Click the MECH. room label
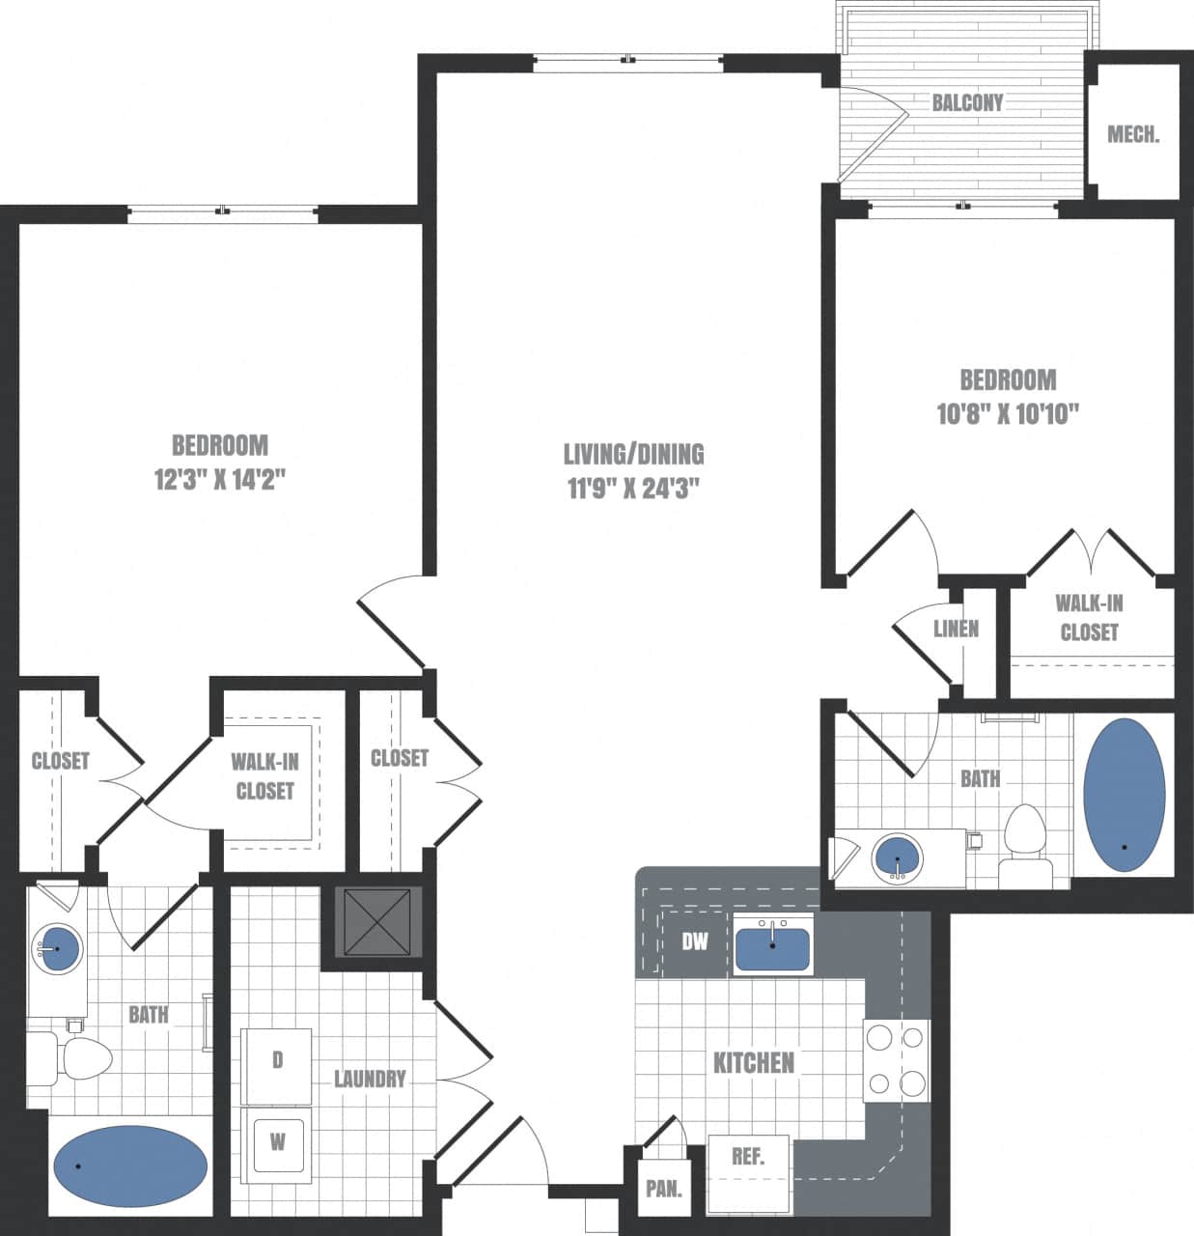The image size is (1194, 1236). point(1133,134)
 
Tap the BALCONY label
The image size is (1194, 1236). point(966,102)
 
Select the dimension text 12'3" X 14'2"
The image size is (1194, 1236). point(220,479)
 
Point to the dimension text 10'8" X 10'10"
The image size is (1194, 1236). point(1007,413)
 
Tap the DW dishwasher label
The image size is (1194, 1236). point(695,941)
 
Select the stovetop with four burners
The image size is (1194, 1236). point(896,1060)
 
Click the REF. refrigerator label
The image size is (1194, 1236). point(748,1156)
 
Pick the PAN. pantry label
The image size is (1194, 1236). point(663,1189)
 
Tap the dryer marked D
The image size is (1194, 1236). point(277,1060)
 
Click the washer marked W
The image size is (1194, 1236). point(277,1142)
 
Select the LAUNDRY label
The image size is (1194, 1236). point(370,1079)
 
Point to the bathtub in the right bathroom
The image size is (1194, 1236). point(1124,795)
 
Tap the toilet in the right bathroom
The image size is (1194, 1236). point(1024,841)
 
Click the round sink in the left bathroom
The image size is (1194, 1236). point(57,948)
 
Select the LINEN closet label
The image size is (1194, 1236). point(956,629)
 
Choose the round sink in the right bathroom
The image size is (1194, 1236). point(897,857)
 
